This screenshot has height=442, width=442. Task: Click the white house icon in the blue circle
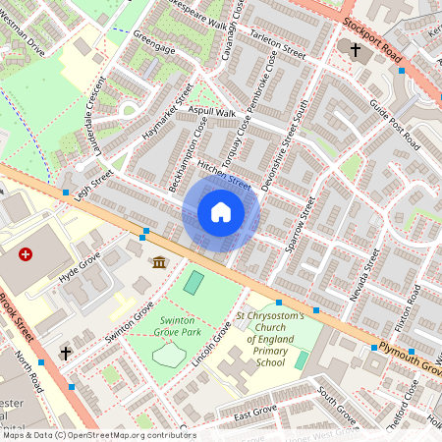221,210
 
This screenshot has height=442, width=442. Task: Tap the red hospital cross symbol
26,254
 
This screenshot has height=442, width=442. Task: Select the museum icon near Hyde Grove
159,261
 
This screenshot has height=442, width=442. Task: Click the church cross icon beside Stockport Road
356,49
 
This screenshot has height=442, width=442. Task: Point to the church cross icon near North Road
66,351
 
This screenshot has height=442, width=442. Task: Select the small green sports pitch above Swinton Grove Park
194,283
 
